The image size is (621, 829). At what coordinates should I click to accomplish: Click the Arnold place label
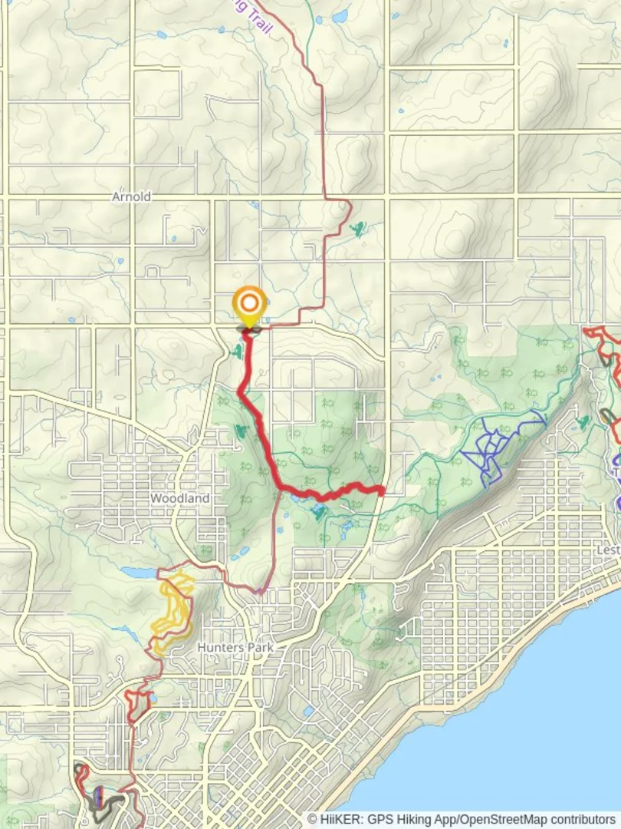[131, 197]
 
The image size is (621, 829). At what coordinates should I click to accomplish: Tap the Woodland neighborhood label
[179, 498]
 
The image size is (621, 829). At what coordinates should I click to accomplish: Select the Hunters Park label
[235, 648]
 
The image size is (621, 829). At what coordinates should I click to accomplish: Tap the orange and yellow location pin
[249, 306]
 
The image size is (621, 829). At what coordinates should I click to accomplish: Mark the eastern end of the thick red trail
[380, 490]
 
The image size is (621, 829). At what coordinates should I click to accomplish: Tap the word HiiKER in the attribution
[335, 819]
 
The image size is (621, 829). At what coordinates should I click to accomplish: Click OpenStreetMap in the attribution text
[502, 819]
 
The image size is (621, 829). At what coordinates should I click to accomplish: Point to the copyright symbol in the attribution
[313, 819]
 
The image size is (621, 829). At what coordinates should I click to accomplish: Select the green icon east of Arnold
[358, 227]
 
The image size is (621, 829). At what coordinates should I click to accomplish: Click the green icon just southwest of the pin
[236, 352]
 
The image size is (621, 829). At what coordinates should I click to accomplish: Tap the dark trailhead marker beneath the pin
[249, 331]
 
